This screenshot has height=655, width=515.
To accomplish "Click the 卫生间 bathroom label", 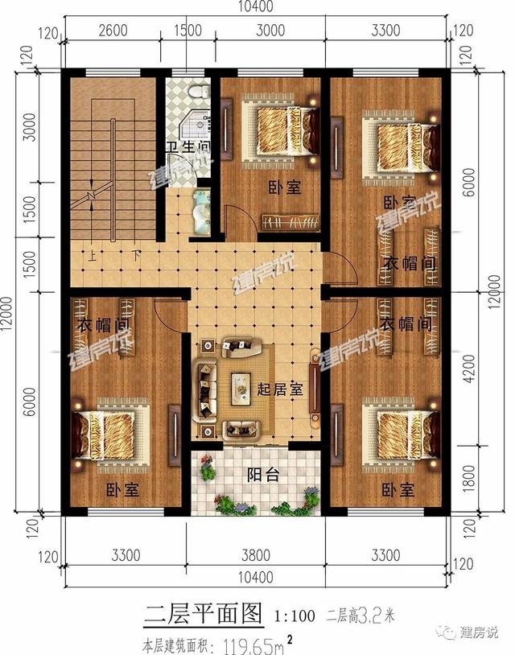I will pyautogui.click(x=188, y=148).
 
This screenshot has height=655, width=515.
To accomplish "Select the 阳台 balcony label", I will pyautogui.click(x=262, y=476).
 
